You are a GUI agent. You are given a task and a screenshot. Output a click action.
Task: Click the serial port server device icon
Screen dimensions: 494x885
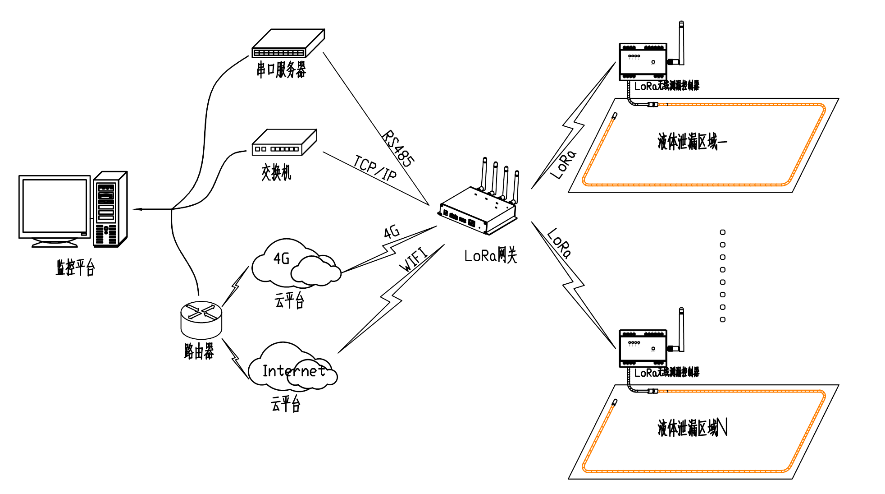coord(288,44)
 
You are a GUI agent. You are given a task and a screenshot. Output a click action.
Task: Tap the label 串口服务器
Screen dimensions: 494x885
coord(281,70)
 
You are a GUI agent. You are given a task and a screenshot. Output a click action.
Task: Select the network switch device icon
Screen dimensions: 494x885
coord(284,143)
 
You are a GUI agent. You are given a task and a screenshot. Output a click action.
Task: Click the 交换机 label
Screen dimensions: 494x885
coord(276,172)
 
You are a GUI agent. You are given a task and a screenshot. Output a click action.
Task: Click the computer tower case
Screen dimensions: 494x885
coord(110,209)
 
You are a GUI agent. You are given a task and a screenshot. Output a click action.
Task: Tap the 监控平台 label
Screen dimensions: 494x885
coord(75,268)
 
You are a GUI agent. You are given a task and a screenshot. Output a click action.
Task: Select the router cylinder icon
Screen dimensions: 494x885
coord(201,320)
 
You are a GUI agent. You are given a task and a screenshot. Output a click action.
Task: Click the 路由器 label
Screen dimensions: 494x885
coord(199,351)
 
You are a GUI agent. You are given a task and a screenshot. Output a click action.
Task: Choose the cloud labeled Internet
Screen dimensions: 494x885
coord(293,368)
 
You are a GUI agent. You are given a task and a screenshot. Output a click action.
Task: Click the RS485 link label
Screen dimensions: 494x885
coord(398,149)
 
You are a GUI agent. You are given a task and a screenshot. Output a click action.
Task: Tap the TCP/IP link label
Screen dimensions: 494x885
coord(375,168)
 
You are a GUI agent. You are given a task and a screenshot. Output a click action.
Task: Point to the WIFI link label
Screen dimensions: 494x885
coord(413,259)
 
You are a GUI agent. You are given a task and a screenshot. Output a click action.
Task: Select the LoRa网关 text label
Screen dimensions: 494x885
coord(490,256)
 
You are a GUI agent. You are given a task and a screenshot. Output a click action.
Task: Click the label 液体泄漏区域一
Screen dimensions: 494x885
coord(692,142)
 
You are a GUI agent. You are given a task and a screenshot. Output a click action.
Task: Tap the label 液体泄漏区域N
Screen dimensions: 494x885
coord(692,428)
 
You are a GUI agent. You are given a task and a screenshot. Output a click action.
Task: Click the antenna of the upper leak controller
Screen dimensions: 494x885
coord(681,43)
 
